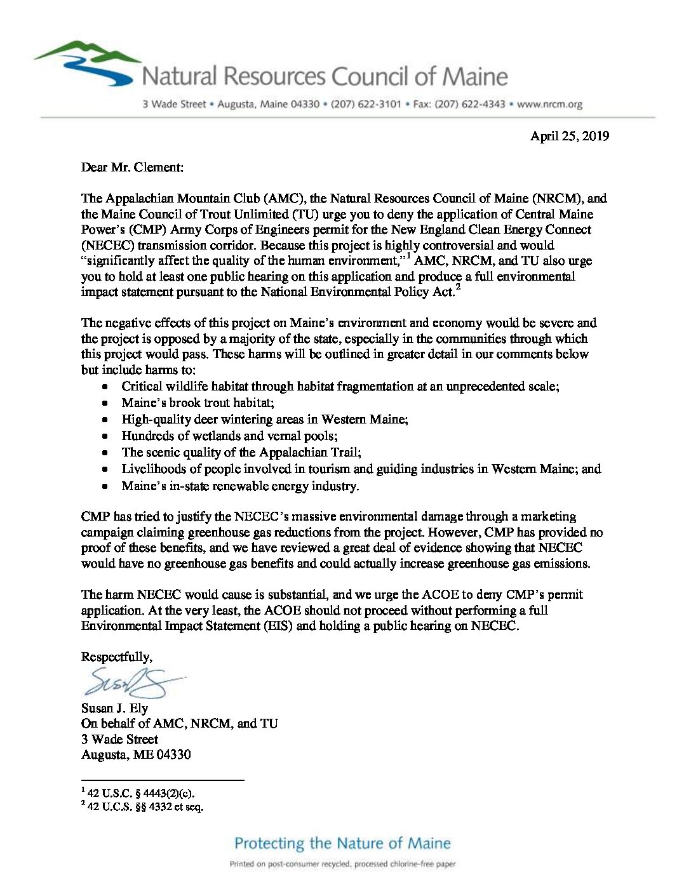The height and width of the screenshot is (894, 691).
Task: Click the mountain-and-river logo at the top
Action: [x=86, y=63]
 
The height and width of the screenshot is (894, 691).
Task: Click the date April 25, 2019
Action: [x=570, y=136]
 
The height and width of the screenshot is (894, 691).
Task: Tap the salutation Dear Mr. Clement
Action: [x=132, y=168]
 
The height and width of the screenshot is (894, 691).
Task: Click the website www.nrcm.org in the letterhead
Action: [x=549, y=104]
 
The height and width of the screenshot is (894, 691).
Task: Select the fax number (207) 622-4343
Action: [x=470, y=104]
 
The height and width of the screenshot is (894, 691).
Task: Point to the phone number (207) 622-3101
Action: [x=366, y=104]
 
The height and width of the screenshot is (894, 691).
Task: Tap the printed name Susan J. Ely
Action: [x=114, y=708]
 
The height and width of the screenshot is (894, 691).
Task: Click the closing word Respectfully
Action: [x=116, y=657]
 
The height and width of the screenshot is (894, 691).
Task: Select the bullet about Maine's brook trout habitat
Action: [x=198, y=403]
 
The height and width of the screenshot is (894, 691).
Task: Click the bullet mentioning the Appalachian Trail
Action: [x=241, y=452]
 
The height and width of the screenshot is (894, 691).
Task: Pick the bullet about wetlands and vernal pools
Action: [x=229, y=436]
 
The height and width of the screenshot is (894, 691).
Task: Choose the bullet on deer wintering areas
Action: [x=265, y=419]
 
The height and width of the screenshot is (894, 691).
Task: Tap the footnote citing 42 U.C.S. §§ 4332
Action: [x=145, y=808]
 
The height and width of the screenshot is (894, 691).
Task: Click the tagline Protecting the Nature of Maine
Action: [x=342, y=843]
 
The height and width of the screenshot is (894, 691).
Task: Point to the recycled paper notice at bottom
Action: [x=342, y=864]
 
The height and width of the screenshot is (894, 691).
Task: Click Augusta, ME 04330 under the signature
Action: [x=136, y=755]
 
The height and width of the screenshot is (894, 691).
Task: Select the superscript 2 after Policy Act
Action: [x=458, y=288]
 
